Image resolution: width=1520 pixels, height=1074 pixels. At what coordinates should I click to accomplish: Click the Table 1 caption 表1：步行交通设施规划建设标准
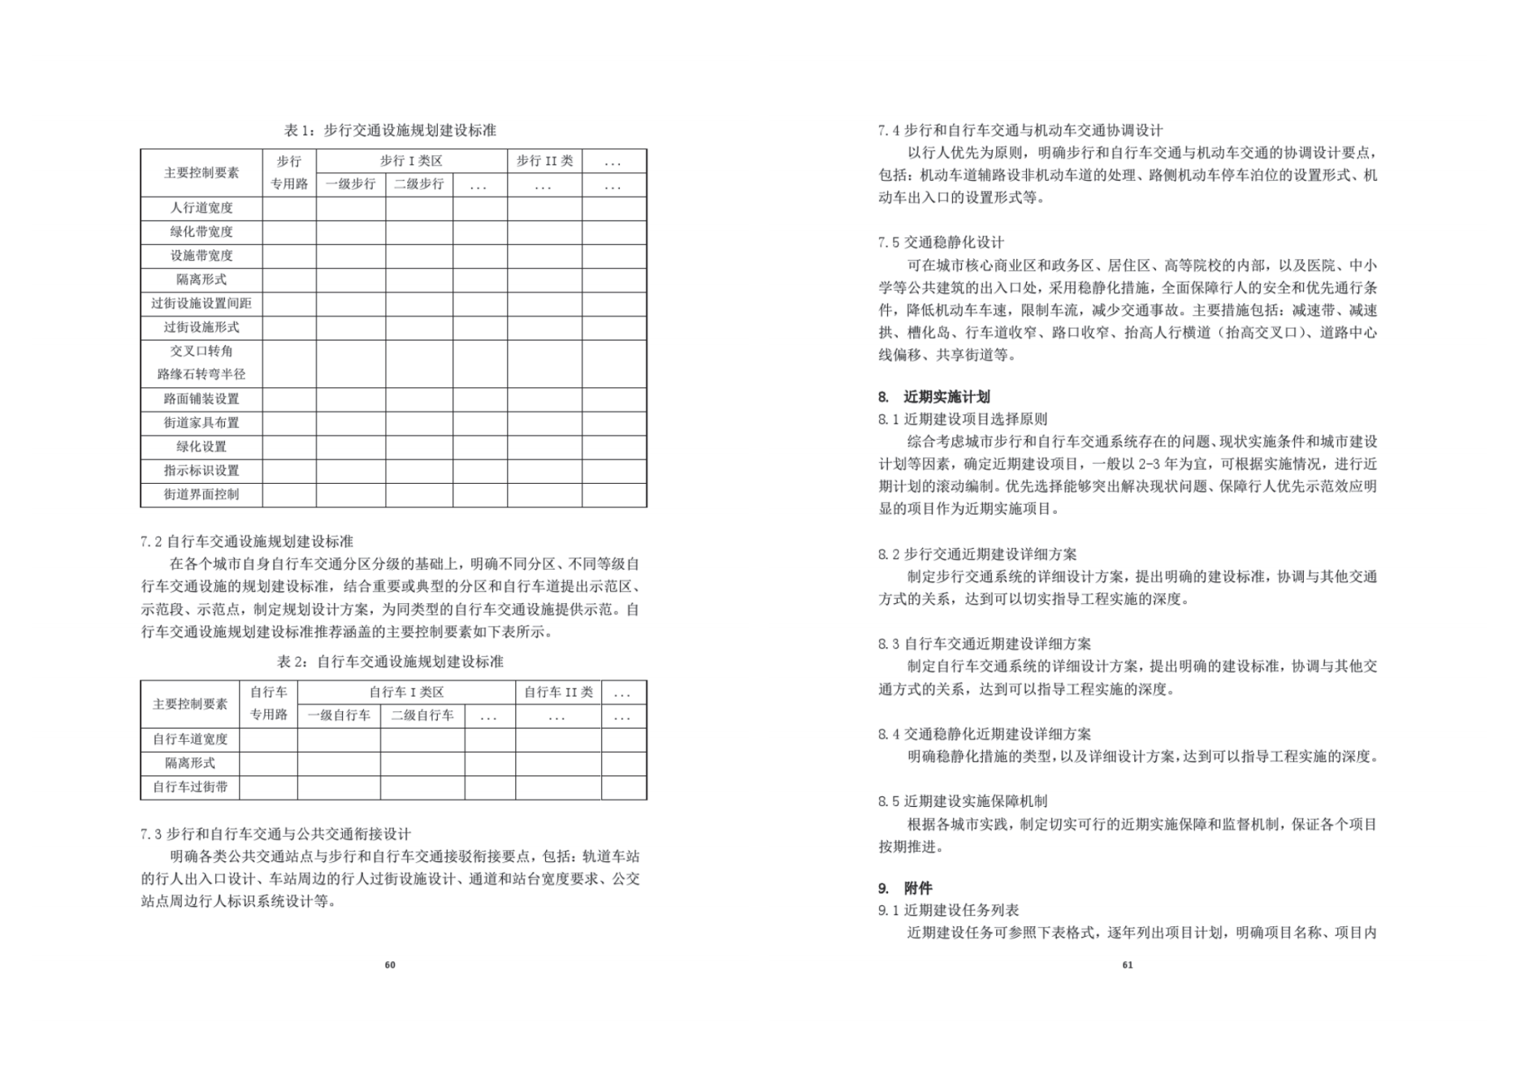click(x=390, y=131)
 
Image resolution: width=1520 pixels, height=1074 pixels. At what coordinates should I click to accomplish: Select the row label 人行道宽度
click(x=201, y=208)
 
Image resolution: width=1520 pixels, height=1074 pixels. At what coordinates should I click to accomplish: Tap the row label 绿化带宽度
click(x=201, y=232)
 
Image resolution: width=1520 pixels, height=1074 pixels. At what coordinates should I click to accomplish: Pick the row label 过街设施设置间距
click(x=201, y=304)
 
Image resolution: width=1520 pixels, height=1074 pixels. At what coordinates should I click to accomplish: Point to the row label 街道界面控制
click(x=201, y=494)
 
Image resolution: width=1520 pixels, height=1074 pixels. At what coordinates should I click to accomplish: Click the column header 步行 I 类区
click(x=411, y=161)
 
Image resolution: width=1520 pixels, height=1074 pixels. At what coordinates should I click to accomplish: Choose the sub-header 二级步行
click(x=418, y=184)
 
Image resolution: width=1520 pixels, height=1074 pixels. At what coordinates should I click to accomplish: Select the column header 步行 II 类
click(x=544, y=161)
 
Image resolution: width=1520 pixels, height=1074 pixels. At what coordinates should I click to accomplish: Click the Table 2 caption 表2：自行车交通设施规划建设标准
click(x=390, y=662)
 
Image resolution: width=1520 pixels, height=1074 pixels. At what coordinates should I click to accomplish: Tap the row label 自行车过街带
click(x=190, y=787)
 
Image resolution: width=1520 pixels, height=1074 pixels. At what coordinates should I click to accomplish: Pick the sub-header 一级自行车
click(x=339, y=715)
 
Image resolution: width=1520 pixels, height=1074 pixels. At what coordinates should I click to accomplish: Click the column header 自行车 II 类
click(x=558, y=692)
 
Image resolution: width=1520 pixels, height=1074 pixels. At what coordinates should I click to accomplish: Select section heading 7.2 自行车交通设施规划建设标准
click(x=247, y=541)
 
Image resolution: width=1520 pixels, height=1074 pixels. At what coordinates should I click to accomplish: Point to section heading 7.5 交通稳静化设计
click(x=941, y=242)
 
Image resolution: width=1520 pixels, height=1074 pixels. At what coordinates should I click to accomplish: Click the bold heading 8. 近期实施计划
click(x=934, y=397)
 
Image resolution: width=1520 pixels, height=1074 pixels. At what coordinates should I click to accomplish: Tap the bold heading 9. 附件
click(x=905, y=888)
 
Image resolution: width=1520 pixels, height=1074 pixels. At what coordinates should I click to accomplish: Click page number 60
click(x=390, y=964)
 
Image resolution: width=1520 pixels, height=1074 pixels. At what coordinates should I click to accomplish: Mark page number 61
click(x=1127, y=964)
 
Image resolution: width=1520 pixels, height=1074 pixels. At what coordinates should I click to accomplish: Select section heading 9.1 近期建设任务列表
click(x=948, y=910)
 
